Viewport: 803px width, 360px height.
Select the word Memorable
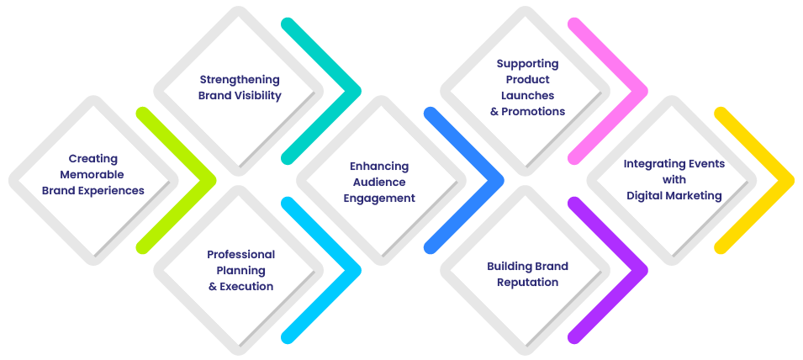(93, 174)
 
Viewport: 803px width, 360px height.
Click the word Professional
(240, 254)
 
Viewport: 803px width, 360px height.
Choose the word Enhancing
(379, 167)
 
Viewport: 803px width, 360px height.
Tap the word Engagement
(379, 199)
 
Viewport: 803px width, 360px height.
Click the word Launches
(527, 95)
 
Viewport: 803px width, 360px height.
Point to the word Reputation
(527, 282)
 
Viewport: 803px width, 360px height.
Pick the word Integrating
(651, 163)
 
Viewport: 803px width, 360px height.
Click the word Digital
(647, 195)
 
